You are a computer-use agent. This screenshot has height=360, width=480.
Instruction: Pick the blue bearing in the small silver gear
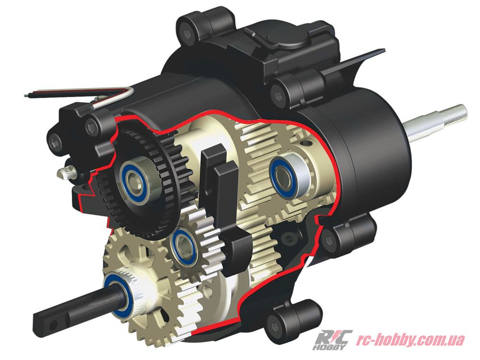pyautogui.click(x=183, y=245)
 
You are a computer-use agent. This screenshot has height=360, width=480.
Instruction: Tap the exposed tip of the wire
pyautogui.click(x=26, y=96)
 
